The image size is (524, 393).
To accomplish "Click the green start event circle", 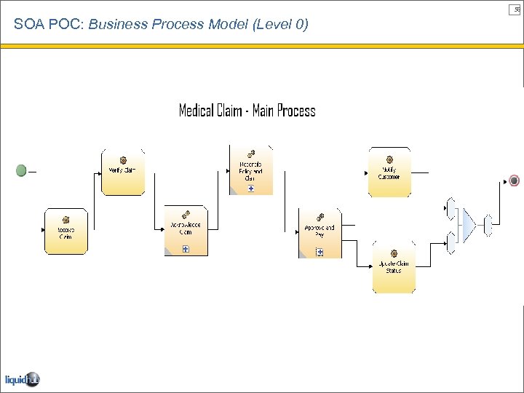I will pos(21,170).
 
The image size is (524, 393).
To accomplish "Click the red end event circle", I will pos(515,180).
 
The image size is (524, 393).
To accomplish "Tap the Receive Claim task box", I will pos(66,231).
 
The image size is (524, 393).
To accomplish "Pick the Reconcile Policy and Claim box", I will pos(251,170).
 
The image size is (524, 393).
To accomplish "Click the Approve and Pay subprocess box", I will pos(319,233).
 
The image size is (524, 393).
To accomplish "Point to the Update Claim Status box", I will pos(394,269).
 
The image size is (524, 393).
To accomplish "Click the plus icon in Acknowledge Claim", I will pos(186,249).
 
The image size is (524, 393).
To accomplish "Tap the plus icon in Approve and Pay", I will pos(319,252).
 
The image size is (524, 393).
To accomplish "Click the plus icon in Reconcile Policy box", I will pos(251,188).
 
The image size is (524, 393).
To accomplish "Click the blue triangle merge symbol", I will pos(468,226).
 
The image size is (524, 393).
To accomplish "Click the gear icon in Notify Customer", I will pos(389,159).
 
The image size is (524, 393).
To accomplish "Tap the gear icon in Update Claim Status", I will pos(394,255).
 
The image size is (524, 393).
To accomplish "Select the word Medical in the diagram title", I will pos(196,111).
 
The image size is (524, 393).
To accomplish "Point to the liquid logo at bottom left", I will pos(22,379).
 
